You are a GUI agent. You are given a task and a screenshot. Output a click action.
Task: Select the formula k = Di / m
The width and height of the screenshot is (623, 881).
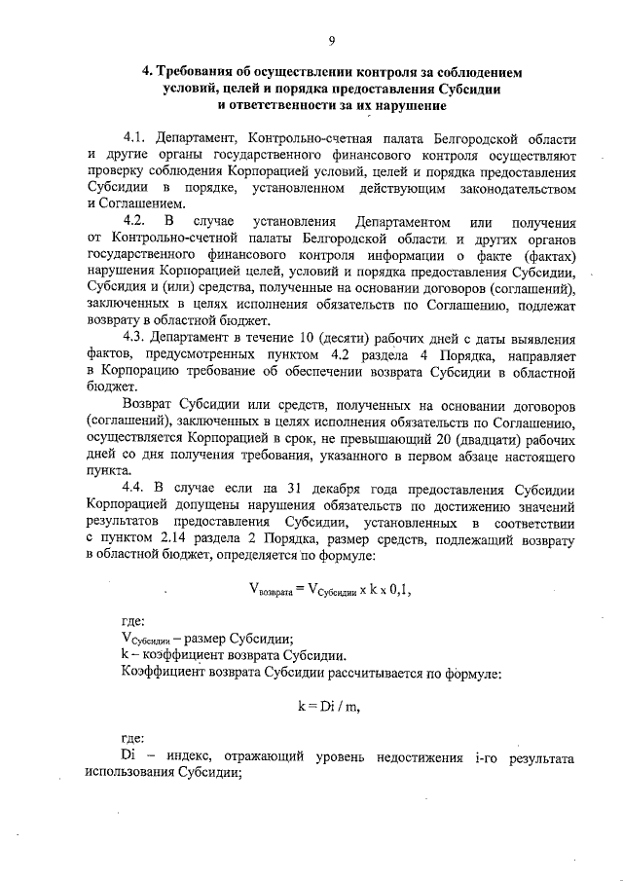click(x=327, y=706)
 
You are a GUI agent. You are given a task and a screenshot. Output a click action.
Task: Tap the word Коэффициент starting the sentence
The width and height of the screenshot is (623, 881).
click(x=166, y=673)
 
